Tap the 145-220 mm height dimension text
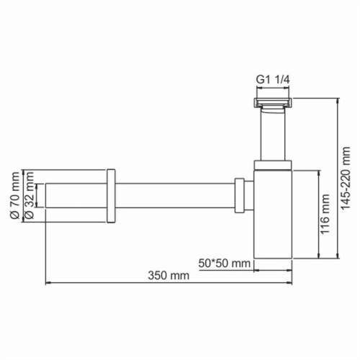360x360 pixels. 348,177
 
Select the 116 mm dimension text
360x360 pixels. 325,215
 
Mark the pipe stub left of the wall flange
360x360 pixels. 76,195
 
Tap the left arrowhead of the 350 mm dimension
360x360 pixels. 48,282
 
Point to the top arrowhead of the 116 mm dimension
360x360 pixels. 316,171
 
